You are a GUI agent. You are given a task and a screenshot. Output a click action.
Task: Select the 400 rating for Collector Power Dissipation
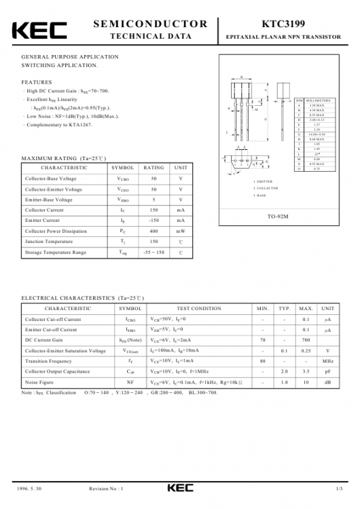(x=154, y=231)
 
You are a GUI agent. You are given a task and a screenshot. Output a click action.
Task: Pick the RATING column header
(x=154, y=167)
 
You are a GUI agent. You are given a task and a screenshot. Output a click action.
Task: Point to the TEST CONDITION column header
(x=198, y=308)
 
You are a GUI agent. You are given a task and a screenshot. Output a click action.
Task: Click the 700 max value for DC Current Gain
(x=306, y=340)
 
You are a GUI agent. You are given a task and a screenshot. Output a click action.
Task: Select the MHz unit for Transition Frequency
(x=328, y=361)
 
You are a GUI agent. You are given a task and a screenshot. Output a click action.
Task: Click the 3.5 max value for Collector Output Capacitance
(x=306, y=372)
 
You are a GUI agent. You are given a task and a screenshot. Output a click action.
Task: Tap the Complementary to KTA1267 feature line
(x=60, y=126)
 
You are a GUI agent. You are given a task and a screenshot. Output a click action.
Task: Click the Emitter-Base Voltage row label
(x=49, y=200)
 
